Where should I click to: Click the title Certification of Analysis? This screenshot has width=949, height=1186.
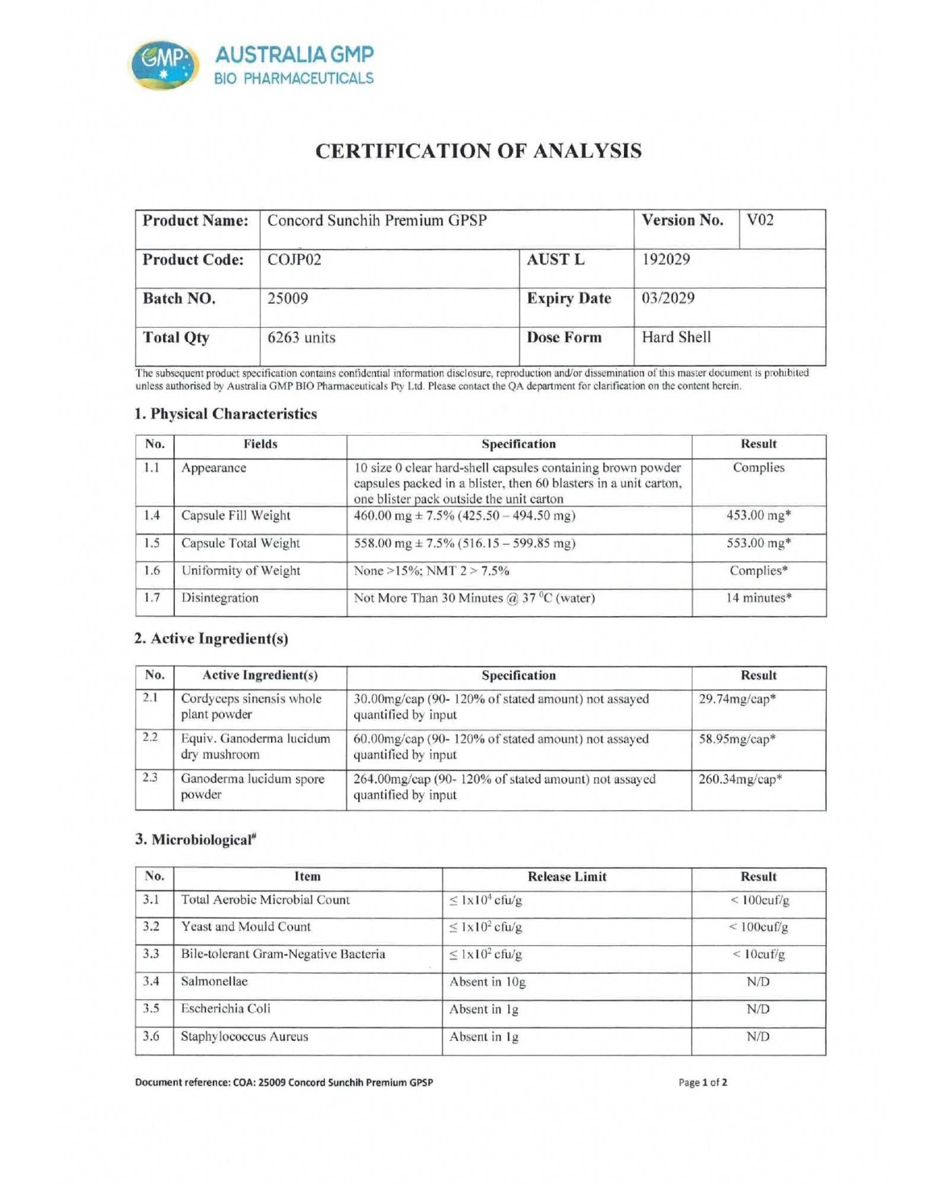click(x=478, y=151)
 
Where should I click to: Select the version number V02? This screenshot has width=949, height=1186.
click(x=760, y=221)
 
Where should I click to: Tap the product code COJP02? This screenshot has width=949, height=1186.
click(x=294, y=260)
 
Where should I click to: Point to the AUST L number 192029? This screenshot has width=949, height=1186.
click(x=665, y=260)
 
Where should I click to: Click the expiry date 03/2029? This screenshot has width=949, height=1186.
click(x=668, y=298)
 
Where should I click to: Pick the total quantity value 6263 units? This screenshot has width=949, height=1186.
click(x=301, y=337)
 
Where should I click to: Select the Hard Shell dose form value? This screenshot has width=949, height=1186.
click(x=676, y=337)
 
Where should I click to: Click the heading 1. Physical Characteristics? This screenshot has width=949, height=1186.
click(x=226, y=414)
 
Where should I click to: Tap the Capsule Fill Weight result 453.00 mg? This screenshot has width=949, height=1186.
click(x=759, y=515)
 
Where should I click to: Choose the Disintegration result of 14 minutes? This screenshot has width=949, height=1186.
click(x=759, y=598)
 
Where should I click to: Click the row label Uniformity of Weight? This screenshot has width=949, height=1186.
click(x=241, y=570)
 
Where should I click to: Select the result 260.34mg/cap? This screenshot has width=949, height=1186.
click(x=740, y=779)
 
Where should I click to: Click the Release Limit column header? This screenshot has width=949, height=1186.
click(x=567, y=876)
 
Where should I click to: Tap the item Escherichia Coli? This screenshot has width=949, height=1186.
click(x=225, y=1009)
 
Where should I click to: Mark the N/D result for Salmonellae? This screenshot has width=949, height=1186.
click(x=758, y=981)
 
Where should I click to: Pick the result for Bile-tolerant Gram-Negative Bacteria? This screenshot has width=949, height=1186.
click(x=759, y=954)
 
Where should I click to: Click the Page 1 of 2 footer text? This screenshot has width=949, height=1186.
click(x=703, y=1082)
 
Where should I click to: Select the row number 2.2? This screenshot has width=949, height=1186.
click(x=151, y=737)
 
